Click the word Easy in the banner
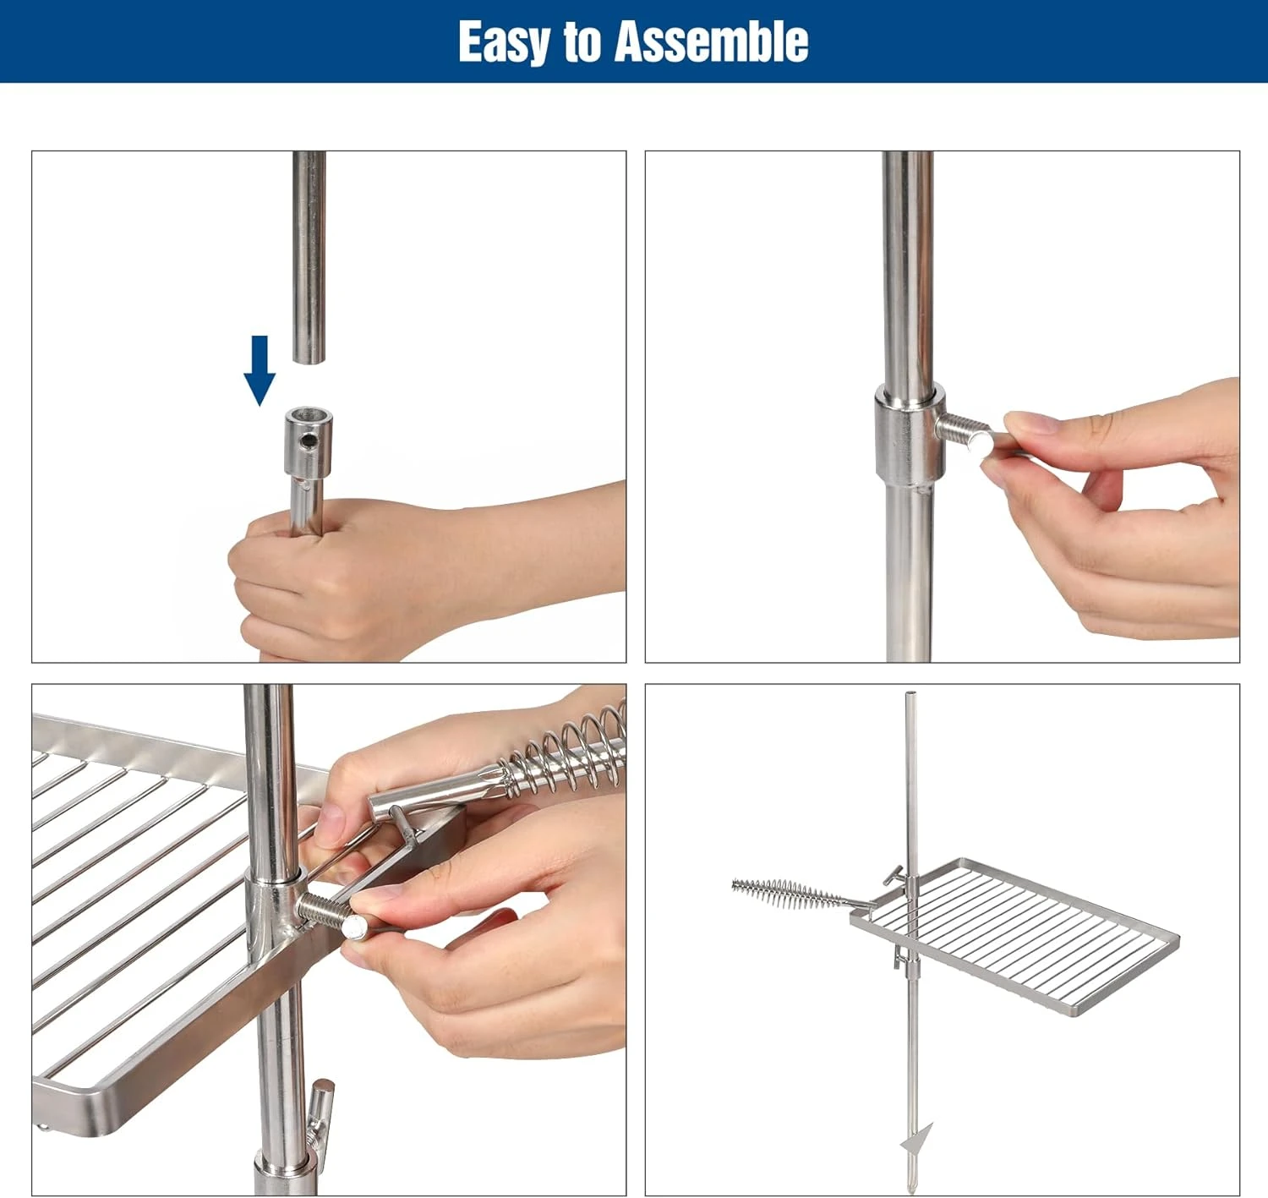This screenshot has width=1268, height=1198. coord(505,42)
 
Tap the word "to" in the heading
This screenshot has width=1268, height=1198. coord(582,43)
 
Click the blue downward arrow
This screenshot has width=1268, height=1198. coord(260,370)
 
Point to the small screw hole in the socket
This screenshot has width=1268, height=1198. coord(309,440)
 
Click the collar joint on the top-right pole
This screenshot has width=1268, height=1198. coord(909,435)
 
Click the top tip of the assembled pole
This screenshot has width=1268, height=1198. coord(910,693)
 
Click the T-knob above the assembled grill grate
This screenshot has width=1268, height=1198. coord(894,876)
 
